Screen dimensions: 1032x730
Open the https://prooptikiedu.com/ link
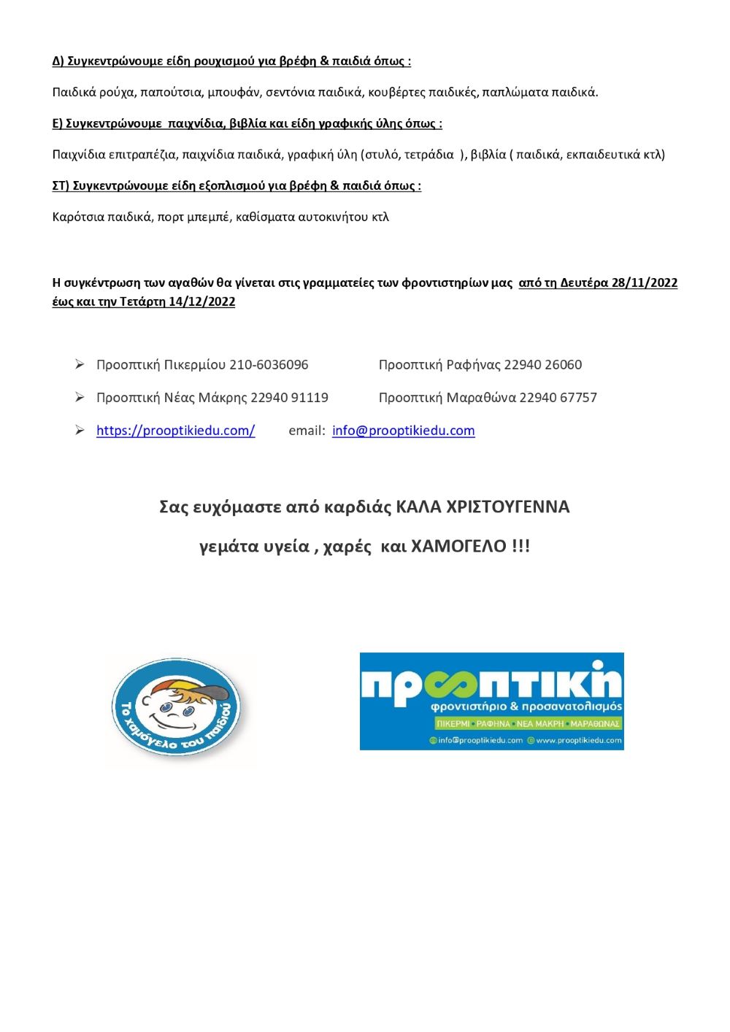(175, 431)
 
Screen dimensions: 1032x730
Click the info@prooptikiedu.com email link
(403, 431)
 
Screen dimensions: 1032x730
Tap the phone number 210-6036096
(269, 365)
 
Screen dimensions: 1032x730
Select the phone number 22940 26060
(543, 365)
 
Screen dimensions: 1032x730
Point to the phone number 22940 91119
(289, 398)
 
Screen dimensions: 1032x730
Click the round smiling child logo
(177, 708)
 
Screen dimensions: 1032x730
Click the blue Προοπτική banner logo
(491, 701)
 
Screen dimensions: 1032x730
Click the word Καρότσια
(78, 217)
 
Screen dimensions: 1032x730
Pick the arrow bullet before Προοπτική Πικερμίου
(80, 364)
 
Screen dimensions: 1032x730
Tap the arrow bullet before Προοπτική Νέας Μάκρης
(80, 397)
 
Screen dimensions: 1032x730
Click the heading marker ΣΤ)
(61, 186)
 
